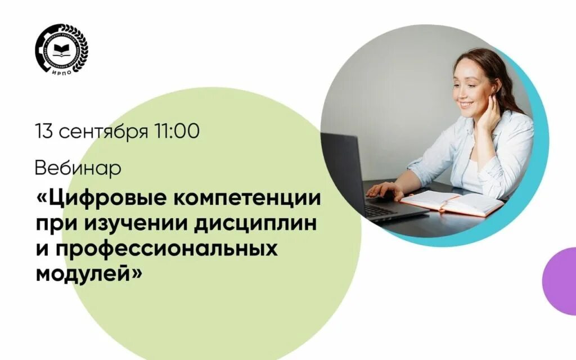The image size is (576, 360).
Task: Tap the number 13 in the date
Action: (44, 132)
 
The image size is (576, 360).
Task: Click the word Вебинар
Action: (78, 168)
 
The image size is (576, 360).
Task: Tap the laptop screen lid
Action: (343, 169)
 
